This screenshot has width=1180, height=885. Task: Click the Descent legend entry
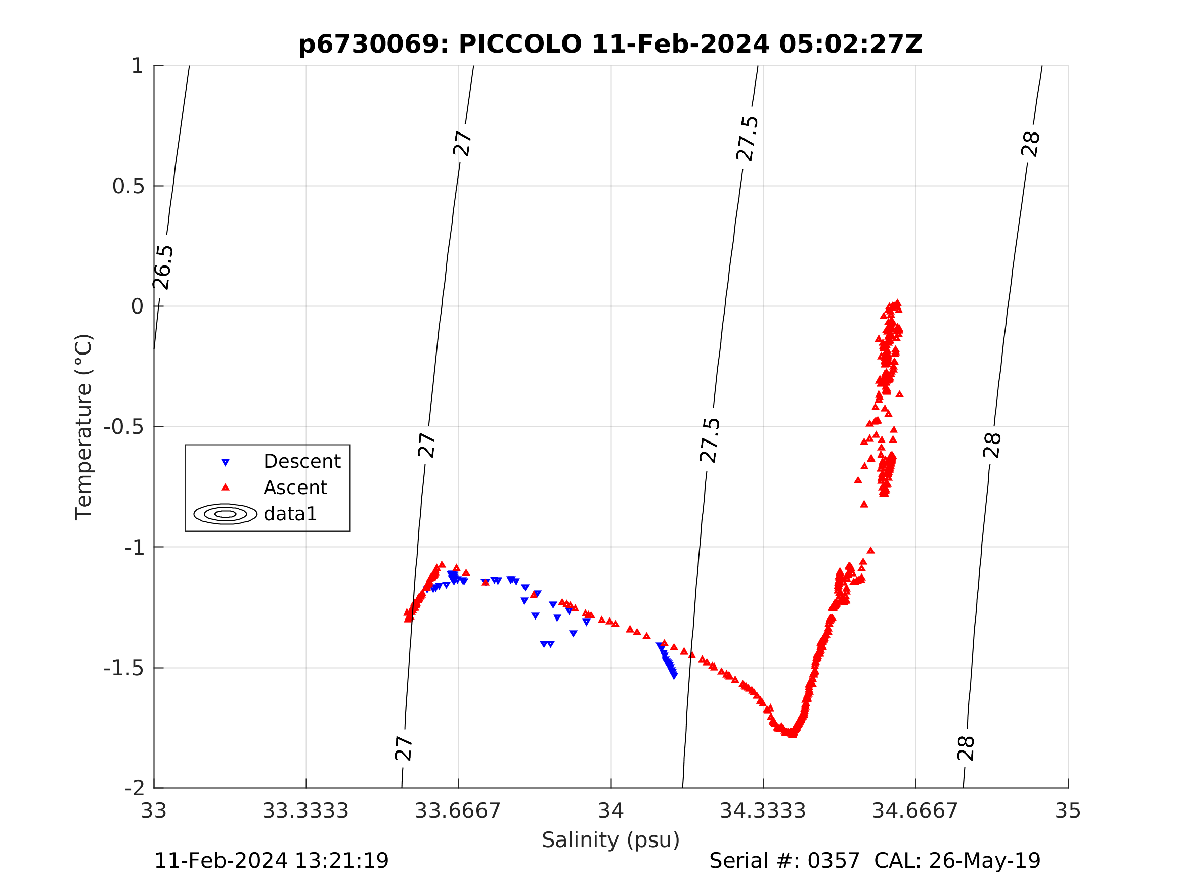pyautogui.click(x=302, y=461)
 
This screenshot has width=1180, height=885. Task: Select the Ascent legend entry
pyautogui.click(x=295, y=488)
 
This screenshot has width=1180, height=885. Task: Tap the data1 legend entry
pyautogui.click(x=290, y=514)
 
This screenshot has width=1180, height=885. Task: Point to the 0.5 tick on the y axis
pyautogui.click(x=128, y=186)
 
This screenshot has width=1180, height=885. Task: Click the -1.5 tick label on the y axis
pyautogui.click(x=124, y=668)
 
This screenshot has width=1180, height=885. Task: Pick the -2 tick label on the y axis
pyautogui.click(x=134, y=788)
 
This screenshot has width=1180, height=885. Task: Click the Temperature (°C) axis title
pyautogui.click(x=84, y=427)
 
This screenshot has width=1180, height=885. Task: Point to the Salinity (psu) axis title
pyautogui.click(x=611, y=840)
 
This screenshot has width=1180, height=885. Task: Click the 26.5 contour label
pyautogui.click(x=163, y=267)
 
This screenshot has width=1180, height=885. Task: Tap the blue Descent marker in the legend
pyautogui.click(x=225, y=463)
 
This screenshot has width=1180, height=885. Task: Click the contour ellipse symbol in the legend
pyautogui.click(x=225, y=514)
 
